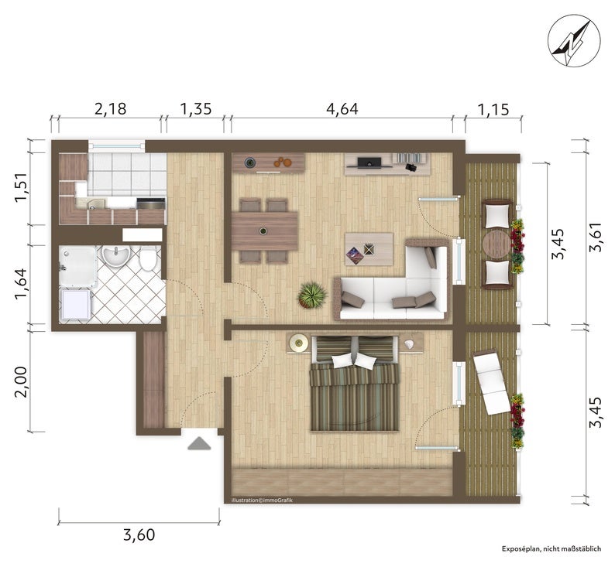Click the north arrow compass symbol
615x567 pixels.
tap(574, 43)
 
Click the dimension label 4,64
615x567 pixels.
tap(342, 109)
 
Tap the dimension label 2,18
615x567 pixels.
tap(110, 109)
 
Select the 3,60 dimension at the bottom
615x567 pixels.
tap(139, 535)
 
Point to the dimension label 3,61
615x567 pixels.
tap(595, 237)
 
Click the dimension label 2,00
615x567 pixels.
tap(22, 381)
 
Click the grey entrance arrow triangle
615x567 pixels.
tap(199, 443)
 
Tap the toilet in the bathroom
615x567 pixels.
tap(148, 259)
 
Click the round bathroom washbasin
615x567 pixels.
tap(115, 257)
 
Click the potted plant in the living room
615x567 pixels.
tap(313, 295)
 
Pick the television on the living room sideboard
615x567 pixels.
tap(369, 162)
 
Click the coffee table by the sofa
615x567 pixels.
tap(369, 249)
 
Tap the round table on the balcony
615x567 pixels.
tap(497, 244)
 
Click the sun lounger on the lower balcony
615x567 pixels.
tap(491, 382)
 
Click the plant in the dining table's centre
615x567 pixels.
tap(263, 231)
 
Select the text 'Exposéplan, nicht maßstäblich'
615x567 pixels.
tap(551, 548)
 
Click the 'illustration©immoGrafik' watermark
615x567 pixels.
tap(262, 500)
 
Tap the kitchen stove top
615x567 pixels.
tap(151, 203)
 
